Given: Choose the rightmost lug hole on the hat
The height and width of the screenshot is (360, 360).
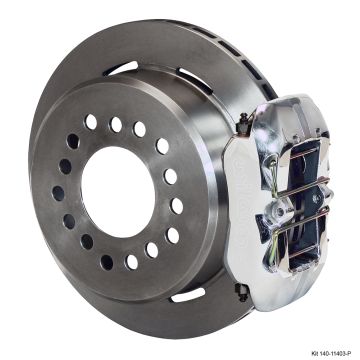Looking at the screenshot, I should point(178,205).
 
